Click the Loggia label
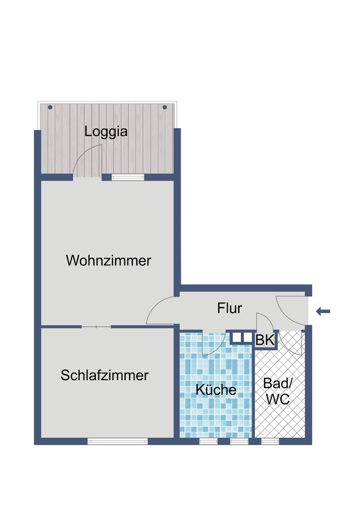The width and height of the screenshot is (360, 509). click(106, 132)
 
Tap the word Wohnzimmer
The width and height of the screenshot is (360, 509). click(108, 261)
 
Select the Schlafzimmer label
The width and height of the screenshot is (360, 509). click(104, 376)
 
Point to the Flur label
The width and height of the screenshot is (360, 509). click(229, 308)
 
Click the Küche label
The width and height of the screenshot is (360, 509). click(216, 390)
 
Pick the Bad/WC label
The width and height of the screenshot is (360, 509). click(278, 391)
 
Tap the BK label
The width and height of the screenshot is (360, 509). click(265, 340)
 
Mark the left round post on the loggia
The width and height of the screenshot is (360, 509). click(50, 107)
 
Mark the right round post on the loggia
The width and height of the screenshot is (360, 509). click(165, 107)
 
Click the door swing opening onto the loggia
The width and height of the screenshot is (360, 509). click(86, 160)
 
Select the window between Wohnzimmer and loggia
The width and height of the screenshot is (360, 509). click(128, 177)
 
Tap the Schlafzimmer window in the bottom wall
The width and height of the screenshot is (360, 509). click(118, 441)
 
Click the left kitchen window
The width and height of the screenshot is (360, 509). click(208, 441)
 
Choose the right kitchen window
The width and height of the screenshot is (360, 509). click(239, 441)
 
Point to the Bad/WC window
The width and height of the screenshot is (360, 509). click(270, 441)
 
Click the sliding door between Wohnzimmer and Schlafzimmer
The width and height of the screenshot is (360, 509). click(96, 327)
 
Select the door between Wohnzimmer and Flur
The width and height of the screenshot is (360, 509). click(160, 311)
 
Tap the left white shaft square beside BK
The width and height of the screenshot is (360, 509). click(237, 337)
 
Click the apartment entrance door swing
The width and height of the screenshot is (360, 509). click(290, 309)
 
